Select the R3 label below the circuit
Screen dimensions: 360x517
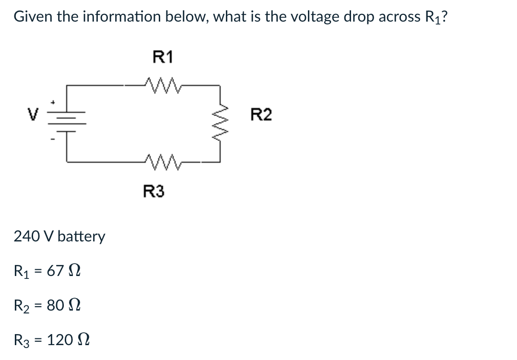point(153,192)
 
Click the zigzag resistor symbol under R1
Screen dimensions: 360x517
point(156,85)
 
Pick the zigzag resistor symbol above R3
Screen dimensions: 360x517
point(156,161)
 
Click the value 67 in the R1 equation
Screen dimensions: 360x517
point(55,271)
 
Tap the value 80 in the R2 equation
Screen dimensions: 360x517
point(56,305)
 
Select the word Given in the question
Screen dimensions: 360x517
point(34,17)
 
